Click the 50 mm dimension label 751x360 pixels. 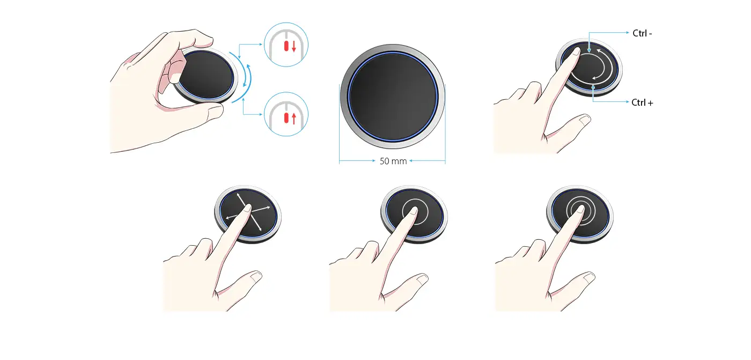coord(393,161)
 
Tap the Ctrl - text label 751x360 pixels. coord(642,33)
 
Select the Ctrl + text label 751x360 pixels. coord(642,102)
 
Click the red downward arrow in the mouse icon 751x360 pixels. coord(294,46)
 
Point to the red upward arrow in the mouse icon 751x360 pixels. coord(294,119)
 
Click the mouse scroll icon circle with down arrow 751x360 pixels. coord(286,45)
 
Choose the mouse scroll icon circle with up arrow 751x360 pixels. coord(286,114)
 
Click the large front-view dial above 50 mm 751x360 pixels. coord(393,97)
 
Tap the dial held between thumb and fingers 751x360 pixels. coord(205,76)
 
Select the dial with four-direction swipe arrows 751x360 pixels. coord(248,214)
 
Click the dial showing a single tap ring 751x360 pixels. coord(414,214)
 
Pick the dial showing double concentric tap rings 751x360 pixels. coord(580,214)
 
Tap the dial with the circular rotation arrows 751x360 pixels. coord(589,68)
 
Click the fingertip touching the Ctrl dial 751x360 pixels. coord(576,52)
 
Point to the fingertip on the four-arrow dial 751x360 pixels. coord(247,209)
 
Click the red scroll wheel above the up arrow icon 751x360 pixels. coord(286,118)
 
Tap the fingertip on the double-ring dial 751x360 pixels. coord(580,210)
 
